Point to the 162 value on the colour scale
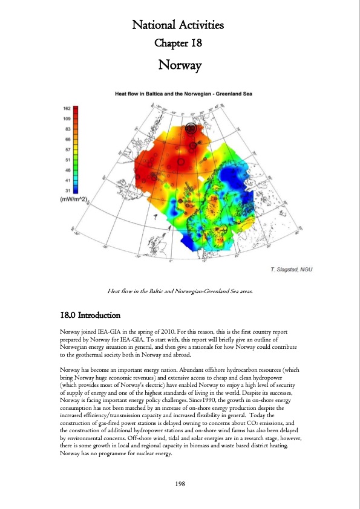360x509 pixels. [x=67, y=108]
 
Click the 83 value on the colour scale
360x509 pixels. [x=68, y=129]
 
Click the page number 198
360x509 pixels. [x=180, y=484]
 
